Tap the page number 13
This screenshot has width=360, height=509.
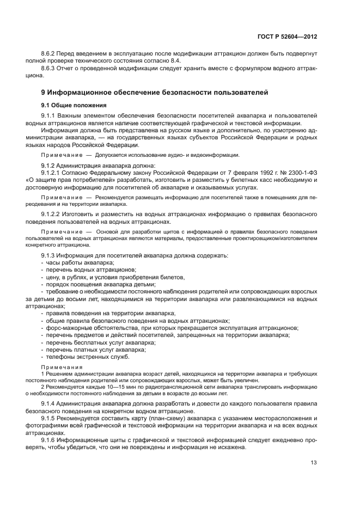coord(314,464)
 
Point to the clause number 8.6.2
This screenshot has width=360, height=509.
coord(51,54)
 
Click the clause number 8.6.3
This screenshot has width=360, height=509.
coord(51,69)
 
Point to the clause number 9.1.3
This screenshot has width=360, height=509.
coord(51,256)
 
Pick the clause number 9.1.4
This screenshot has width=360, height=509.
coord(51,403)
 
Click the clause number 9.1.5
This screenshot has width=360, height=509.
coord(51,418)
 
